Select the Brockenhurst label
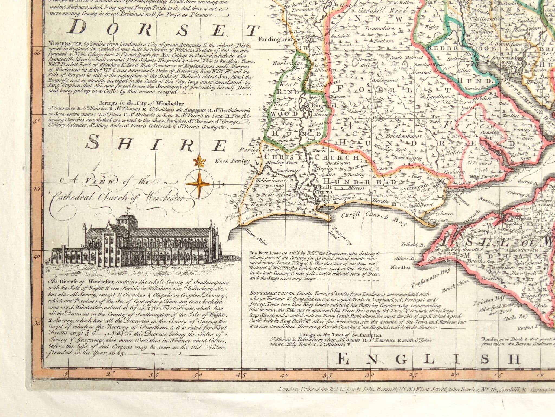click(x=404, y=136)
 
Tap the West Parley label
click(x=232, y=161)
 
